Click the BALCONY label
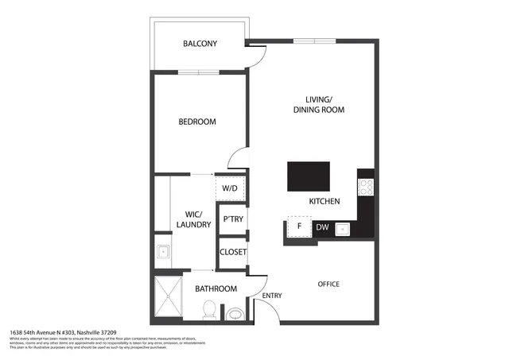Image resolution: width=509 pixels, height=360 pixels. point(200,44)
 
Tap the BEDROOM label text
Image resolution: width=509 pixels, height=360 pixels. point(196,122)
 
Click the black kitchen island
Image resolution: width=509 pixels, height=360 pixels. point(308,175)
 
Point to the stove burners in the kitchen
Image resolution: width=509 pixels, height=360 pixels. point(367,187)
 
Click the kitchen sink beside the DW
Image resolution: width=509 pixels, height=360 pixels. point(344,229)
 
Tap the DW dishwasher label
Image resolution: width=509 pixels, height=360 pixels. point(321,228)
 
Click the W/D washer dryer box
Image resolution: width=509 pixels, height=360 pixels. point(230,188)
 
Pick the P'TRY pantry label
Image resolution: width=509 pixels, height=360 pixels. point(232,219)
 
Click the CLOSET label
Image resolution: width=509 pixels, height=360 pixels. point(233,252)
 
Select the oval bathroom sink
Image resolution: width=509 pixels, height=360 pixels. point(235,315)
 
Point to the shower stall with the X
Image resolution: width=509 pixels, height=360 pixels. point(168,299)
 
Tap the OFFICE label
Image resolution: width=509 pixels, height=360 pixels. point(328,284)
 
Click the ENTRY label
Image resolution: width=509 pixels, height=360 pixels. point(271,296)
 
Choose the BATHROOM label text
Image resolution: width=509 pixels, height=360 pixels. point(216,288)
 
